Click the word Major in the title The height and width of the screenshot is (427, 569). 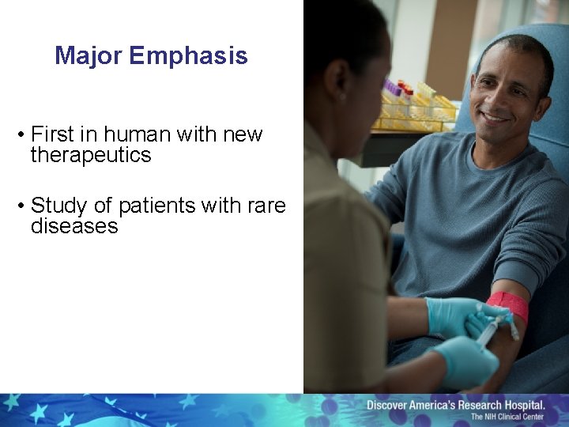pyautogui.click(x=89, y=56)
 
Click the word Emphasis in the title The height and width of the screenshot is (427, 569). pyautogui.click(x=189, y=56)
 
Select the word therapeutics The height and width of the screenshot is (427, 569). pyautogui.click(x=90, y=155)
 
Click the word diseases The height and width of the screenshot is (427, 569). pyautogui.click(x=73, y=226)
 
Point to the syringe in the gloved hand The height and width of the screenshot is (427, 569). pyautogui.click(x=488, y=331)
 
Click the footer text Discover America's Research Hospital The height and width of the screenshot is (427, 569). pyautogui.click(x=465, y=405)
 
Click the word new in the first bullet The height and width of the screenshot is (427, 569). pyautogui.click(x=243, y=134)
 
